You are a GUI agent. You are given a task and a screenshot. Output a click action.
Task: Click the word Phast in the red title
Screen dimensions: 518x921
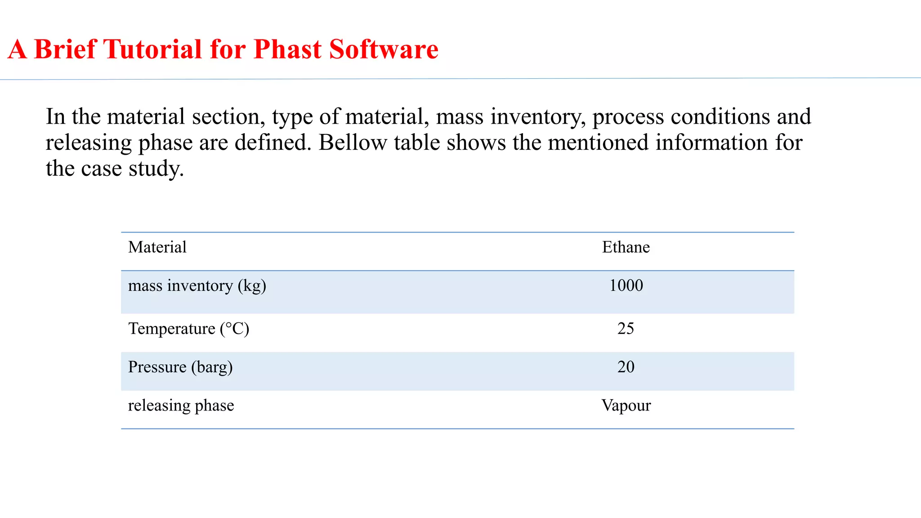(287, 49)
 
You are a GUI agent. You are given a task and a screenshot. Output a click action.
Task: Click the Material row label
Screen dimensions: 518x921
(157, 247)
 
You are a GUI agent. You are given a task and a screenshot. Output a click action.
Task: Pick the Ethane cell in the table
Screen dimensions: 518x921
(626, 247)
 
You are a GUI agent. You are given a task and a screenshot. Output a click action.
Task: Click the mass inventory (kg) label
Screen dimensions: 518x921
(197, 286)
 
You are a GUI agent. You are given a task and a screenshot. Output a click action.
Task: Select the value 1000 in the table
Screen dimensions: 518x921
(626, 286)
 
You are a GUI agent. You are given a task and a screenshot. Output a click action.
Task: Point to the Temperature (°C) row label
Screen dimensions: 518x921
(188, 329)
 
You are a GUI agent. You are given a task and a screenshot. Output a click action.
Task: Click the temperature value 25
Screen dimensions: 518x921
(626, 329)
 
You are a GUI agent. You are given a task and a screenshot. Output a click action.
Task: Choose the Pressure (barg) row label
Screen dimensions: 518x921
(180, 367)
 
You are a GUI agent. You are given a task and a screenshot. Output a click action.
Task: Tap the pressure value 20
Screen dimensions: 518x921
(626, 367)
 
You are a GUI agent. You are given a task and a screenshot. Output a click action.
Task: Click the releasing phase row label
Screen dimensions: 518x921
(181, 406)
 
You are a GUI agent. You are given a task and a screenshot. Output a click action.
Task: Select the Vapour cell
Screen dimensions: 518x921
(626, 406)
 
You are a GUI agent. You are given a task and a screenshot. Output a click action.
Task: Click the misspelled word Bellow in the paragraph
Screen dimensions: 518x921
(353, 143)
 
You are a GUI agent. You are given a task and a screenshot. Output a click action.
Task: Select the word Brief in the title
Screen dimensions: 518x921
(66, 49)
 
